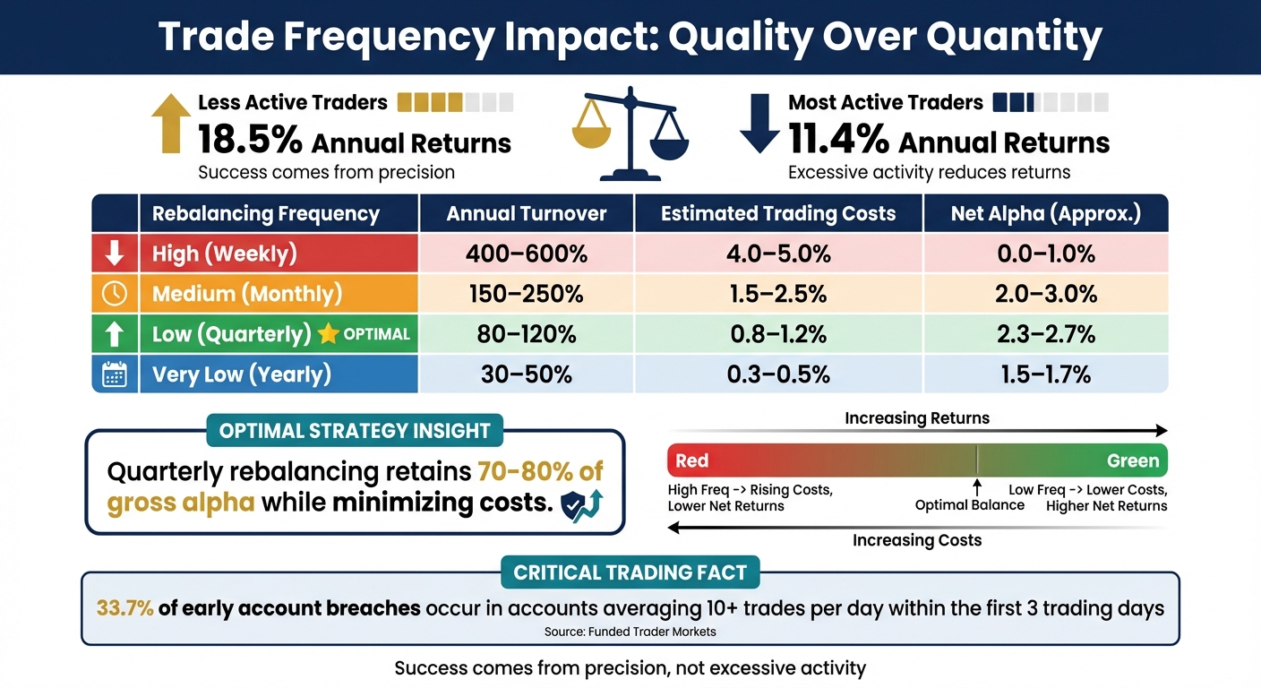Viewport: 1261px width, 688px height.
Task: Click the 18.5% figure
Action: pyautogui.click(x=249, y=142)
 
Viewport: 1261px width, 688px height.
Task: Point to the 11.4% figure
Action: pyautogui.click(x=838, y=142)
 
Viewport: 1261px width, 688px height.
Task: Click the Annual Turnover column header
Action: pyautogui.click(x=527, y=214)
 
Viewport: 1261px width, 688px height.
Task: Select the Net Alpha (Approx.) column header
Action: pyautogui.click(x=1046, y=214)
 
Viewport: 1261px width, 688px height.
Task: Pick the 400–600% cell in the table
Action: pyautogui.click(x=527, y=254)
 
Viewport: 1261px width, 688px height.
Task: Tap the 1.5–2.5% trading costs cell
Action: pyautogui.click(x=777, y=294)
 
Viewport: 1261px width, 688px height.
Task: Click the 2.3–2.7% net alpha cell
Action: pyautogui.click(x=1046, y=334)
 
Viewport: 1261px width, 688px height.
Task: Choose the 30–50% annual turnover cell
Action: pyautogui.click(x=527, y=374)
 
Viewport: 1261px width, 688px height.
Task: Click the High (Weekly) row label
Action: pyautogui.click(x=225, y=254)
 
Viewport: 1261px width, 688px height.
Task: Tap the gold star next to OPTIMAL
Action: pyautogui.click(x=329, y=334)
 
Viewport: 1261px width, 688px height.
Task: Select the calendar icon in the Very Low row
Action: pyautogui.click(x=115, y=374)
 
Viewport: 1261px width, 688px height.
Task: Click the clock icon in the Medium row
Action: pyautogui.click(x=115, y=294)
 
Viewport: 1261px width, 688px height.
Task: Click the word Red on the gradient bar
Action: pyautogui.click(x=692, y=460)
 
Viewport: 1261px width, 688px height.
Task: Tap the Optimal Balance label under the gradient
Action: pyautogui.click(x=969, y=505)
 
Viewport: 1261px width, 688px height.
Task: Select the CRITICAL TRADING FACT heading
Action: pyautogui.click(x=630, y=572)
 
